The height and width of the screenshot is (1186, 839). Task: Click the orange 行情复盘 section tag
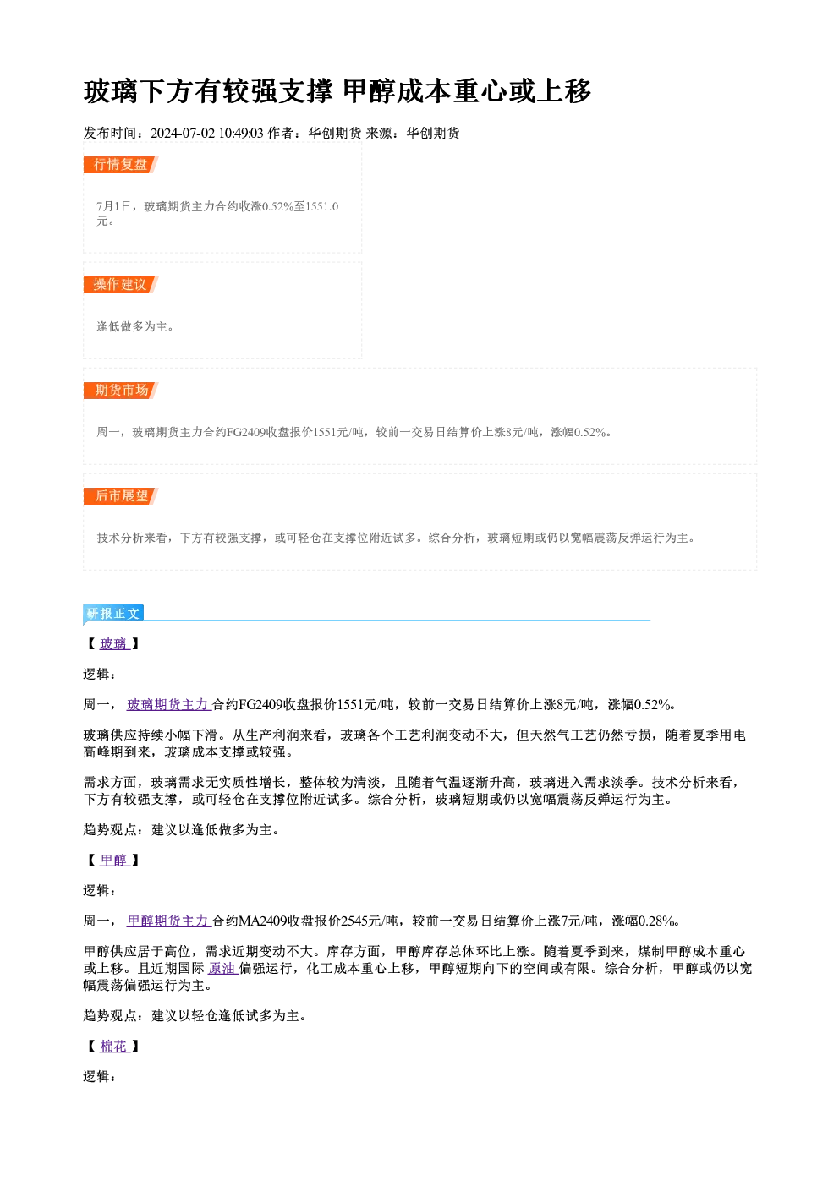pos(120,165)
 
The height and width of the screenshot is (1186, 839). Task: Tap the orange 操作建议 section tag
pos(120,285)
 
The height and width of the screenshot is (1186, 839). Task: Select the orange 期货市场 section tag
pos(120,391)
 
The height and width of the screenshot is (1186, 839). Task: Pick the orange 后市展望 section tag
pos(120,496)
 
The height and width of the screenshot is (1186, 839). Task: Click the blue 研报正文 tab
pos(113,614)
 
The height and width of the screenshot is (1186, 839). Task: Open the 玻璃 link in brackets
pos(114,644)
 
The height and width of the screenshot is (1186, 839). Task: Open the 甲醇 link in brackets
pos(114,861)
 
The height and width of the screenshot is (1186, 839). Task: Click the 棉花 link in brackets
pos(114,1047)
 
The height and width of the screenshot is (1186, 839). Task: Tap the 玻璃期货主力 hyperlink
pos(169,705)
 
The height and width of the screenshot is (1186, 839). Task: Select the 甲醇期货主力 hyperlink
pos(169,921)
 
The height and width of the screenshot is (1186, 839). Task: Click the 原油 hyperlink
pos(222,969)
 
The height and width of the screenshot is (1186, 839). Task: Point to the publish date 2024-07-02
pos(183,134)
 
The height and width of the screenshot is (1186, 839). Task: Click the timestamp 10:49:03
pos(241,134)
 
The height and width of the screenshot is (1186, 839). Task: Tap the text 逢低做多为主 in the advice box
pos(132,326)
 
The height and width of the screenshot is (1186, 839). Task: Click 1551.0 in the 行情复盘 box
pos(322,206)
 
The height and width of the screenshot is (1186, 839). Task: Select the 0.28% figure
pos(655,921)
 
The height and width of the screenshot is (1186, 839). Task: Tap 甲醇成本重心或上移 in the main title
pos(467,91)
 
